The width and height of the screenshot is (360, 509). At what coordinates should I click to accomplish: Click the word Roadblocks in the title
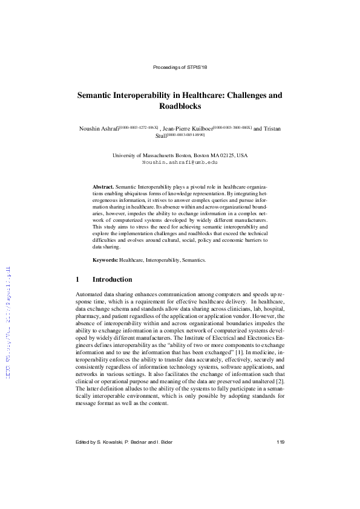tap(180, 106)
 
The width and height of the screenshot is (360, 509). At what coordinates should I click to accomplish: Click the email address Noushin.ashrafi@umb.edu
tap(180, 163)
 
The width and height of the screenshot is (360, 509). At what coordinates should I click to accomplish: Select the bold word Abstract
tap(102, 188)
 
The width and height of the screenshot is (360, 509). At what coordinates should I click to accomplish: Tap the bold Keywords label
tap(105, 260)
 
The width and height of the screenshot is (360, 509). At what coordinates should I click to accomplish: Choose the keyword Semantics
tap(194, 260)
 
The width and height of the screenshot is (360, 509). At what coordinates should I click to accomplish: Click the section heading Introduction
tap(112, 280)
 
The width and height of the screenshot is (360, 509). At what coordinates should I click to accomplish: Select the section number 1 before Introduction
tap(77, 280)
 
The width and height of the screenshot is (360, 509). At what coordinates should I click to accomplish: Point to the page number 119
tap(280, 442)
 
